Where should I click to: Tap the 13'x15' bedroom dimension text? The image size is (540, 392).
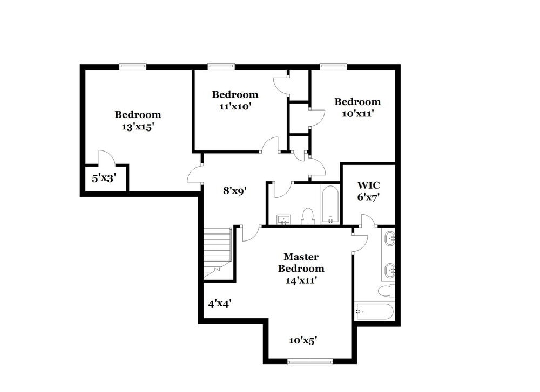click(138, 126)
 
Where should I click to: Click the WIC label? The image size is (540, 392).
click(368, 185)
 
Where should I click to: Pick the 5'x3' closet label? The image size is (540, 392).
click(104, 177)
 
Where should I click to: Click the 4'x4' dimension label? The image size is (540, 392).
click(220, 303)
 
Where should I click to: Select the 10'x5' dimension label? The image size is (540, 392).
click(302, 340)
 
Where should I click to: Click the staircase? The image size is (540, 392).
click(218, 252)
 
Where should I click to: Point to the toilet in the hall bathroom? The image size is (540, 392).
click(308, 216)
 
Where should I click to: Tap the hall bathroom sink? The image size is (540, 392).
click(283, 219)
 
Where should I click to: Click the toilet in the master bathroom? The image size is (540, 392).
click(387, 292)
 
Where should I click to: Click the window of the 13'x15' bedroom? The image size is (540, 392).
click(133, 66)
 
